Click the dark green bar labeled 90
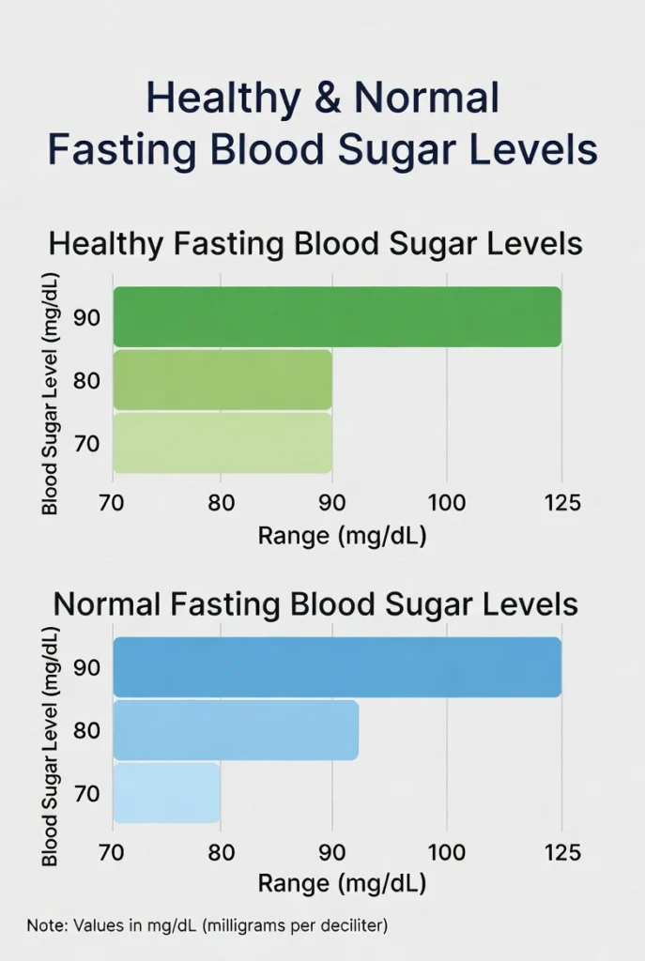pos(337,317)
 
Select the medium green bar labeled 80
pos(223,380)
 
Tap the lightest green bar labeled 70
pos(223,442)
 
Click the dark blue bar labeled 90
pos(337,667)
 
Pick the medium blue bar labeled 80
pos(236,730)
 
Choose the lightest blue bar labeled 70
pos(167,793)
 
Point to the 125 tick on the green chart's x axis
pos(561,503)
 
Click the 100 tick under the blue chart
pos(446,853)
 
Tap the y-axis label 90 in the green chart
pos(87,317)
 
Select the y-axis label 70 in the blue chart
pos(87,794)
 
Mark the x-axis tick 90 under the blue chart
pos(332,853)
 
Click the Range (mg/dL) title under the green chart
pos(343,536)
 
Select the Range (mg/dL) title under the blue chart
pos(343,884)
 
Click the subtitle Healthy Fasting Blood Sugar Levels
pos(315,244)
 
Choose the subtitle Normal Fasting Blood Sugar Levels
pos(315,603)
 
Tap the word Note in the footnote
pos(43,925)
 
